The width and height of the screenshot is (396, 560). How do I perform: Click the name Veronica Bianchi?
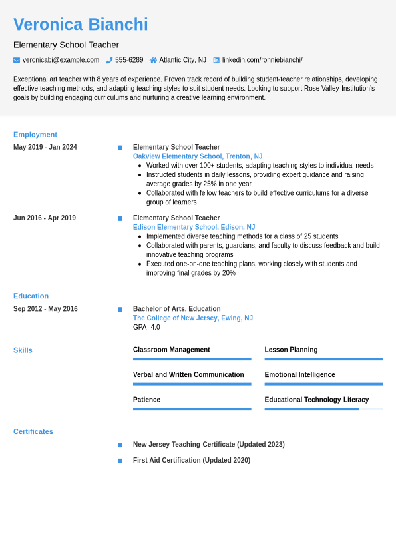81,25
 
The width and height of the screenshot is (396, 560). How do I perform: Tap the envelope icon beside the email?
17,60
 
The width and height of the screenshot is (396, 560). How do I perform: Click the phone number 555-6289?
129,60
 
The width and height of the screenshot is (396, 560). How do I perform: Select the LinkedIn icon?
216,60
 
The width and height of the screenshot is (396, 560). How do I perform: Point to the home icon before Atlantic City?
153,60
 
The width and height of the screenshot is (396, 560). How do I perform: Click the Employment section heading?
35,134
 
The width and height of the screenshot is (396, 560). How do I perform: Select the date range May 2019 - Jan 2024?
45,147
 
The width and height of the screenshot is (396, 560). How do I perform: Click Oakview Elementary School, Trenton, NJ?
198,156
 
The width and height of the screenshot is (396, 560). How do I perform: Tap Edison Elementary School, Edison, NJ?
194,227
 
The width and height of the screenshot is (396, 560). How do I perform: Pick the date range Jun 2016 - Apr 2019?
45,218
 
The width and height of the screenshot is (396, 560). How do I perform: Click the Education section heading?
31,296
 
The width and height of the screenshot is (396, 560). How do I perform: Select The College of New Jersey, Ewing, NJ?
193,318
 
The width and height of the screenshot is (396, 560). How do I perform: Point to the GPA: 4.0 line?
146,327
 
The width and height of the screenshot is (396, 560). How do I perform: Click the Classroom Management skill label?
171,350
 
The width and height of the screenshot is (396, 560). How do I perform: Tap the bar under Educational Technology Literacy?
323,409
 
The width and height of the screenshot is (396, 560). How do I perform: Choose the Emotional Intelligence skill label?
299,374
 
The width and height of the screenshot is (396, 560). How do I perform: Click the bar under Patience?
192,409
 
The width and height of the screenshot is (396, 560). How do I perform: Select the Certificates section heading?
33,431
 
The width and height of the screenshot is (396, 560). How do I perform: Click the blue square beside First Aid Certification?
120,461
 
